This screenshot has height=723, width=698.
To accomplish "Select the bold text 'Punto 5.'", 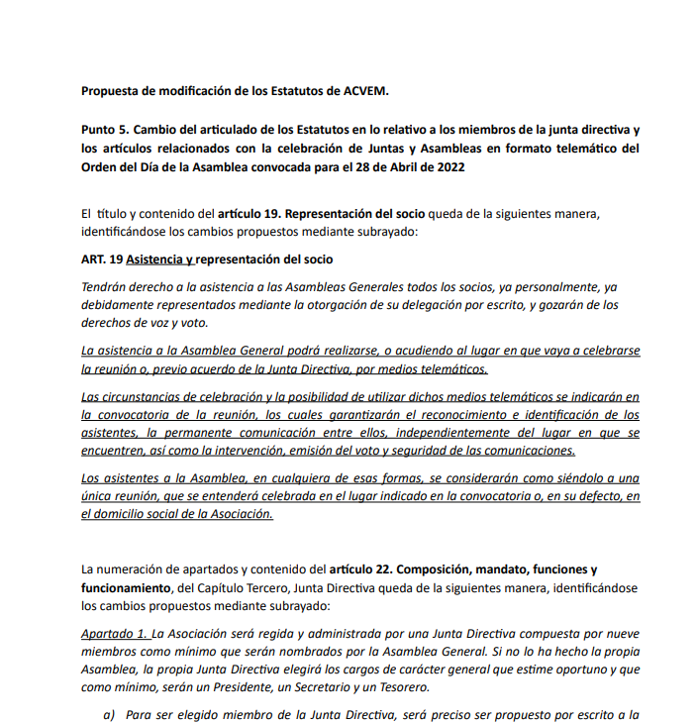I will coord(107,131).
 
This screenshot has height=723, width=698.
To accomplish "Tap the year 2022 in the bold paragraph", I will coord(448,166).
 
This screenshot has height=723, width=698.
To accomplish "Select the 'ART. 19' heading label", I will coord(102,259).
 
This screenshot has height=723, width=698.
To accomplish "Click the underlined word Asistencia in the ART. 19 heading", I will coord(157,259).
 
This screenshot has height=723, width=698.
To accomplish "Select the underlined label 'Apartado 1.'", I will coord(115,633).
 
